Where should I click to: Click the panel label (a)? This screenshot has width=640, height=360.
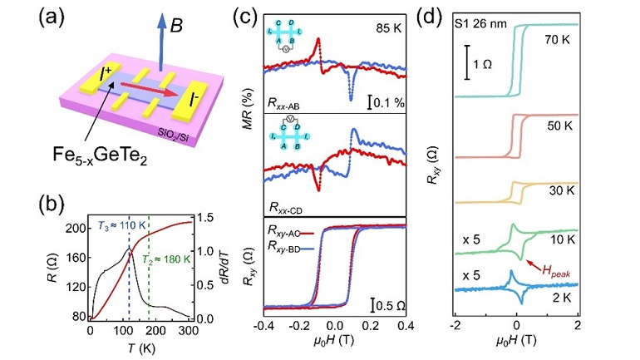coord(32,22)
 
